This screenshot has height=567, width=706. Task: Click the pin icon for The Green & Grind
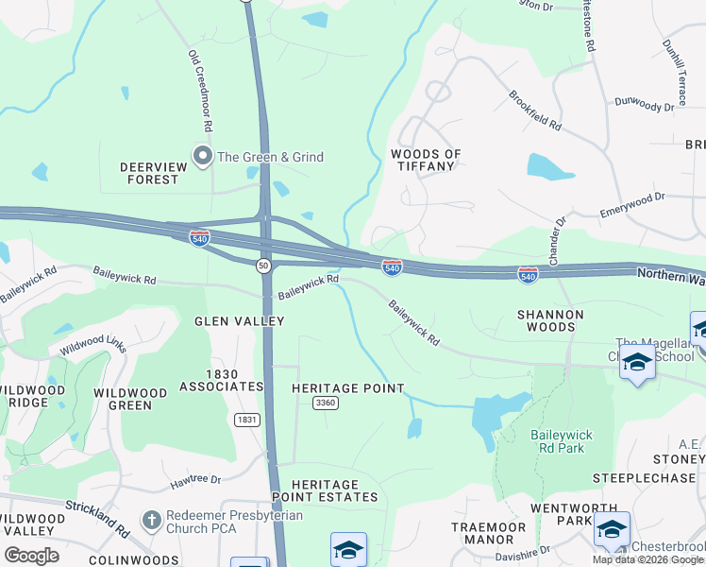[201, 157]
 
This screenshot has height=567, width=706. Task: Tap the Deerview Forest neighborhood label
[149, 173]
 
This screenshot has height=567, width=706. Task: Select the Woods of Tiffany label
[426, 160]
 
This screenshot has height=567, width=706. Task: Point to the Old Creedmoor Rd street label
[199, 91]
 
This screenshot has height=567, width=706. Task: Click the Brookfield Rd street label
[535, 110]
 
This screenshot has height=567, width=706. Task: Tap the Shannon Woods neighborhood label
[550, 320]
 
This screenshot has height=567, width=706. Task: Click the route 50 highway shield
[263, 266]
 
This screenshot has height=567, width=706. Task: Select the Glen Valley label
[239, 321]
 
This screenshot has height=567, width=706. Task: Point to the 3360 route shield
[325, 404]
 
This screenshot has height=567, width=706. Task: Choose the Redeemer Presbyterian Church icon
[151, 520]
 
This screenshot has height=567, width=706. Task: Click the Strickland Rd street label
[97, 520]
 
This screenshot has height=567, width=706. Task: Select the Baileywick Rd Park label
[562, 441]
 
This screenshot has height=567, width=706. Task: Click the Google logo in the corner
[31, 556]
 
